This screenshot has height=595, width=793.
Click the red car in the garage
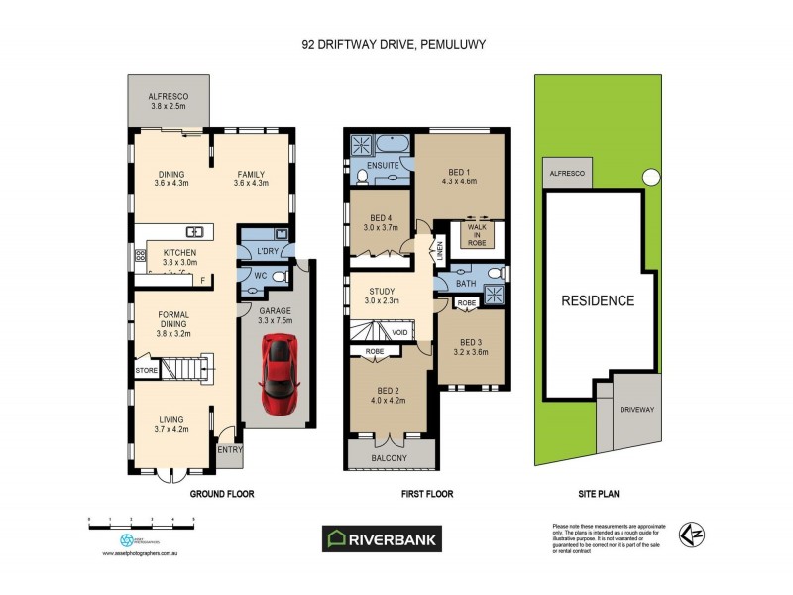tap(280, 374)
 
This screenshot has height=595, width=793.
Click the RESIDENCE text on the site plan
tap(598, 300)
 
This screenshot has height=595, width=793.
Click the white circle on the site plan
tap(650, 178)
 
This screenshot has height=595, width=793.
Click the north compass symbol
tap(690, 535)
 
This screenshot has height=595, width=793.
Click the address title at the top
tap(395, 44)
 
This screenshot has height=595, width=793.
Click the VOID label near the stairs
tap(400, 333)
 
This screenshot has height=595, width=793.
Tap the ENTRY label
tap(230, 450)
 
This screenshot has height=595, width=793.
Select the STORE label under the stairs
tap(148, 371)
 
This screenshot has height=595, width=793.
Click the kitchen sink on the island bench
tap(195, 233)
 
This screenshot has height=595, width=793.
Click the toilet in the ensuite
tap(363, 178)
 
